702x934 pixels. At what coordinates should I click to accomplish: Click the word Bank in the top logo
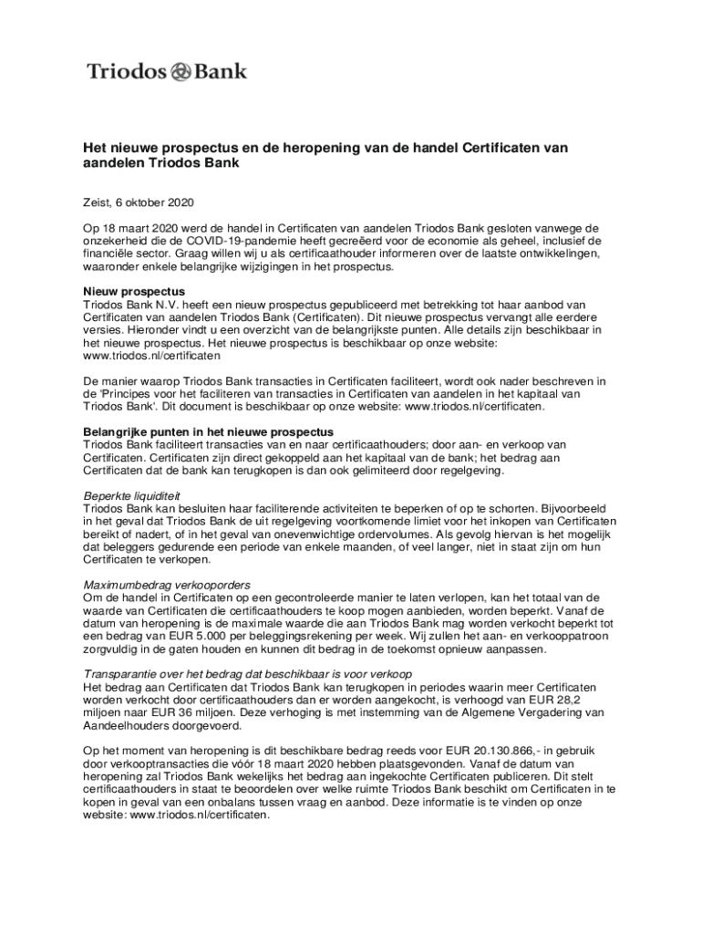pyautogui.click(x=220, y=71)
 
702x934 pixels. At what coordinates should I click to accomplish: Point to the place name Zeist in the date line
pyautogui.click(x=98, y=202)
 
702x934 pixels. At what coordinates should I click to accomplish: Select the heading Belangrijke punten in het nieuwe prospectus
pyautogui.click(x=209, y=431)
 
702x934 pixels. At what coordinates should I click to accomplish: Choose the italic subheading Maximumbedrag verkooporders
pyautogui.click(x=167, y=584)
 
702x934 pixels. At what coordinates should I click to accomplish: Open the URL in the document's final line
pyautogui.click(x=200, y=815)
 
